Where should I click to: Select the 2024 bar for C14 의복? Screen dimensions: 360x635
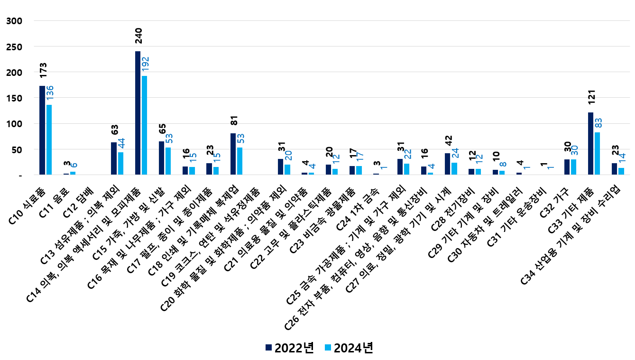pos(145,125)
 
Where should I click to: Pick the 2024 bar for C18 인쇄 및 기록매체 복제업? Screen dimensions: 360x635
pos(240,161)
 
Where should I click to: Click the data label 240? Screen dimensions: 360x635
pos(138,36)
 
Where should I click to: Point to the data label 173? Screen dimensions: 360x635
pos(43,70)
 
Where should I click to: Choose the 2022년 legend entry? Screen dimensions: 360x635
pos(289,348)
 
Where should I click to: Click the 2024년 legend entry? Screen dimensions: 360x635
pos(349,348)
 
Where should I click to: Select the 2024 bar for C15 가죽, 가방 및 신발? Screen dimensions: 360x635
pos(168,161)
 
